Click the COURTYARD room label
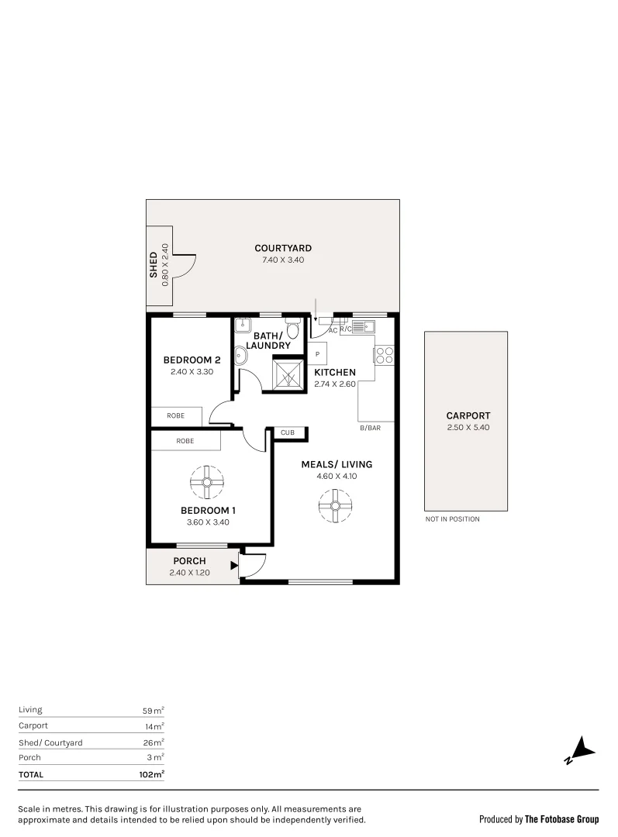283,248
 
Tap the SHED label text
154,265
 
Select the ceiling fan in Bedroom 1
207,482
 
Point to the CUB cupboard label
287,432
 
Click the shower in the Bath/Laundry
289,375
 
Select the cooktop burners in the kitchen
385,354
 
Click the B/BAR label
371,428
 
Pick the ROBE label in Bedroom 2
176,416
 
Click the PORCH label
189,561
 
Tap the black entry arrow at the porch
233,566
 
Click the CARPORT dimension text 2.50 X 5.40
468,427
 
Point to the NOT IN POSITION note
452,519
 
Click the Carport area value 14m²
154,726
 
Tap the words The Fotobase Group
561,819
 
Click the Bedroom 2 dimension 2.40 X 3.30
192,371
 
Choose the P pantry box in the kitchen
317,354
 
